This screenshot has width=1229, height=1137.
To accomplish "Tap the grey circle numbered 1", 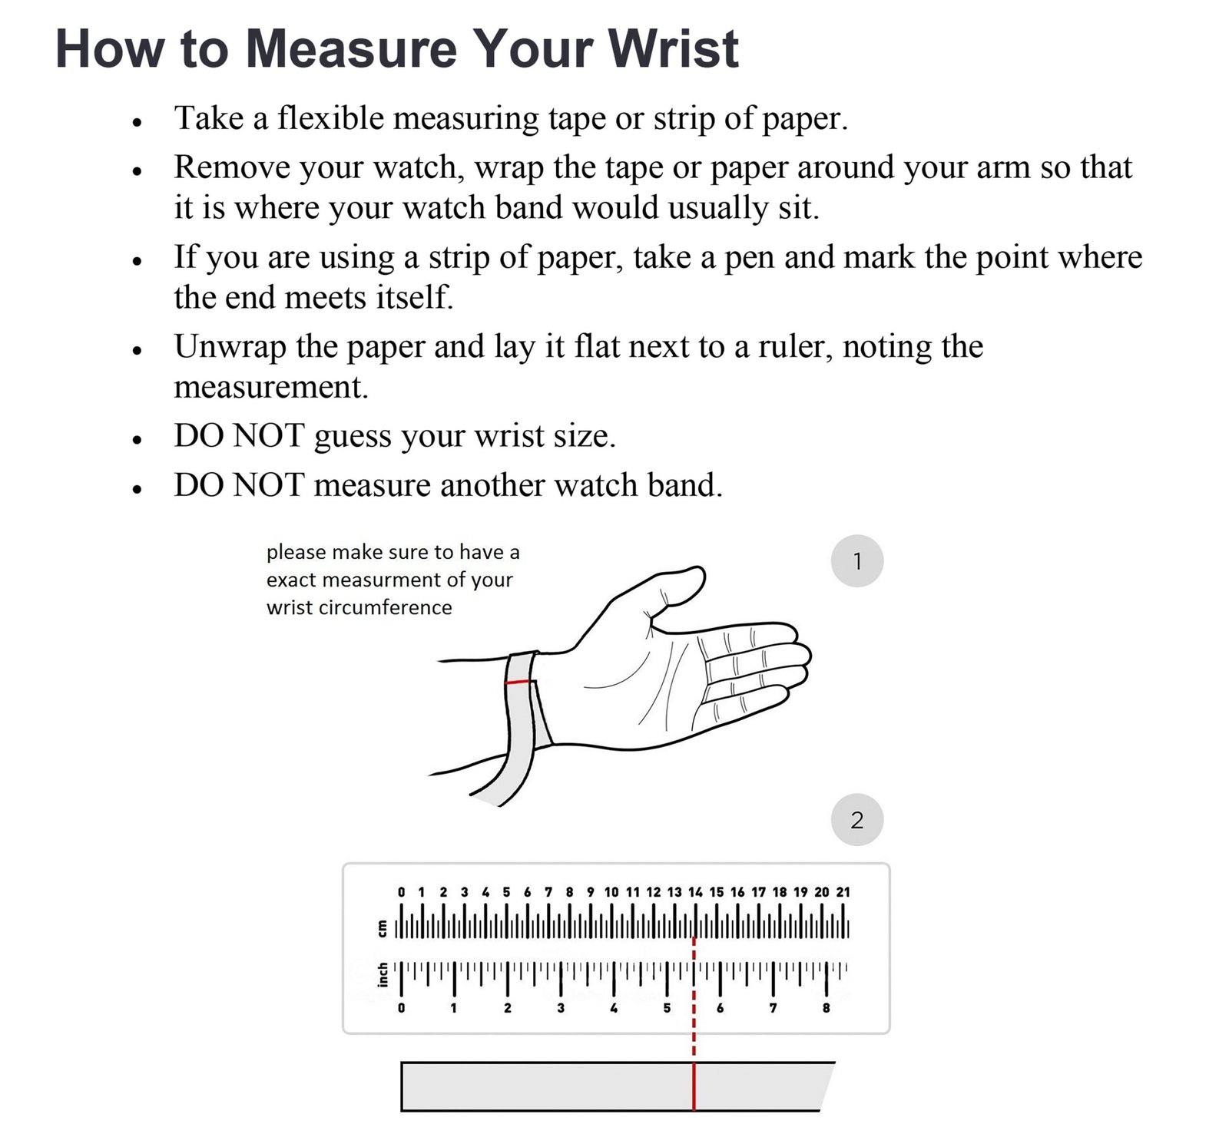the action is tap(857, 561).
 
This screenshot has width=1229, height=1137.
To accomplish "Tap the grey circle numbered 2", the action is tap(857, 820).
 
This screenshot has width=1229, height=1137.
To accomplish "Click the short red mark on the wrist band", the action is tap(519, 682).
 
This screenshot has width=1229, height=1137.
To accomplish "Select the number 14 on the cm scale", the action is tap(695, 892).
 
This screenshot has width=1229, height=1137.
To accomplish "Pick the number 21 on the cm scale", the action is tap(843, 892).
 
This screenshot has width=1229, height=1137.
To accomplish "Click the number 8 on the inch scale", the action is tap(827, 1008).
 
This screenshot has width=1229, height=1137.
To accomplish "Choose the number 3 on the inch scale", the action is tap(561, 1008).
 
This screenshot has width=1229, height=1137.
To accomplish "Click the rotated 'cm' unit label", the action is tap(382, 928).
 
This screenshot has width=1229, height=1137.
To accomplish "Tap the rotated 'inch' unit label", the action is tap(382, 974).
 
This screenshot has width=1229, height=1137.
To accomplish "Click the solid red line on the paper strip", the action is tap(694, 1086).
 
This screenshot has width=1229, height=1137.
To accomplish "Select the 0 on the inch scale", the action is tap(401, 1008).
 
